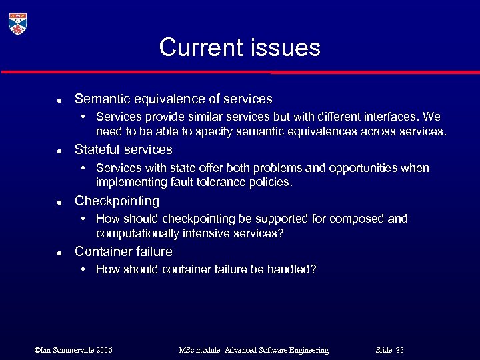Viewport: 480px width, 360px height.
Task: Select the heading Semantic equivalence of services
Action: point(173,99)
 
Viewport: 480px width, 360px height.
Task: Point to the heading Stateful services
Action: point(123,149)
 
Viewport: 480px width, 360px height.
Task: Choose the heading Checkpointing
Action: point(117,201)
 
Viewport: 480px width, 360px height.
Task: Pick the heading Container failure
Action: point(123,251)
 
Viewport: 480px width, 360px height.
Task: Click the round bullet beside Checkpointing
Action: point(59,202)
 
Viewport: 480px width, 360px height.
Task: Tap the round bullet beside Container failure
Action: point(59,253)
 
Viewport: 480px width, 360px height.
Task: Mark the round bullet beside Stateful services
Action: point(59,151)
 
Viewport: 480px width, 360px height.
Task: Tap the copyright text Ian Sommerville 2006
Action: point(73,350)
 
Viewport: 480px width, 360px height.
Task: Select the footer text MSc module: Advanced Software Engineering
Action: point(254,350)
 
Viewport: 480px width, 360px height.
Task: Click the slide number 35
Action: point(399,350)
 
